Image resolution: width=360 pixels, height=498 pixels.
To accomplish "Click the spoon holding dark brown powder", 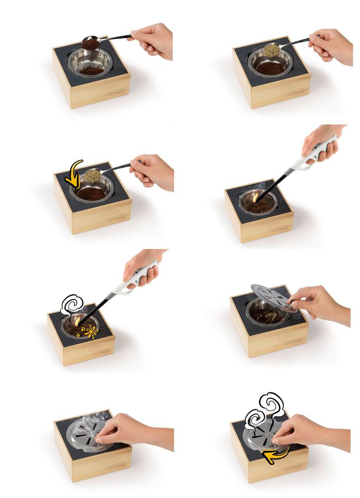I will (x=92, y=43).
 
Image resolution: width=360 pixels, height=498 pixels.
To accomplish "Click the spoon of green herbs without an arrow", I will (x=272, y=50).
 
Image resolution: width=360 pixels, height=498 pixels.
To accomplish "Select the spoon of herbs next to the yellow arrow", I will (x=93, y=176).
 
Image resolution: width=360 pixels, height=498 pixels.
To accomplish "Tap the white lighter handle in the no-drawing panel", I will (x=314, y=154).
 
